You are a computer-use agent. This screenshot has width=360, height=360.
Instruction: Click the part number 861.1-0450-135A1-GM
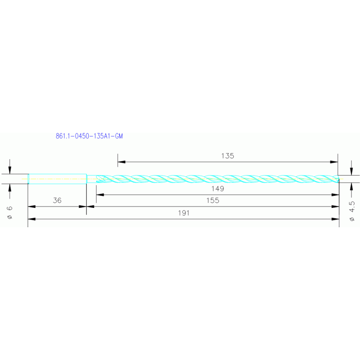pyautogui.click(x=89, y=137)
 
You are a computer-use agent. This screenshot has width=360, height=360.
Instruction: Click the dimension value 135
pyautogui.click(x=227, y=156)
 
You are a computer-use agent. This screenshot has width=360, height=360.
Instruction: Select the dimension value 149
pyautogui.click(x=217, y=189)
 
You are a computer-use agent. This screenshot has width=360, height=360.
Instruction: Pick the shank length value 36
pyautogui.click(x=57, y=200)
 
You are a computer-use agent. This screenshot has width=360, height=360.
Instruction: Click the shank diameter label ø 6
pyautogui.click(x=9, y=212)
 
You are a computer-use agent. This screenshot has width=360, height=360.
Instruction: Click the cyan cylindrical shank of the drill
pyautogui.click(x=57, y=179)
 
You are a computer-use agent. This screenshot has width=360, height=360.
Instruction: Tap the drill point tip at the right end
pyautogui.click(x=337, y=179)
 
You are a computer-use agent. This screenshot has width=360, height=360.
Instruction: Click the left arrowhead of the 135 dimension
pyautogui.click(x=121, y=162)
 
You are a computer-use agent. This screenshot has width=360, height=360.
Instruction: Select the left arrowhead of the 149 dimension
pyautogui.click(x=100, y=194)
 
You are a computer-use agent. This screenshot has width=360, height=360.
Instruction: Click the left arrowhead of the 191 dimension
pyautogui.click(x=31, y=219)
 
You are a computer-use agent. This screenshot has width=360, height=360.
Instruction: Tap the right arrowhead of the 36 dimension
pyautogui.click(x=83, y=206)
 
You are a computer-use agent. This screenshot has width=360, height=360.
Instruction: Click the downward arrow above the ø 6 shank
pyautogui.click(x=10, y=170)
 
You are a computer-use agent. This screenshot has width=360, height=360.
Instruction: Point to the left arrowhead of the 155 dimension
pyautogui.click(x=90, y=206)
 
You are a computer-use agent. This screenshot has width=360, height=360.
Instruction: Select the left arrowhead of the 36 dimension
pyautogui.click(x=31, y=206)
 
